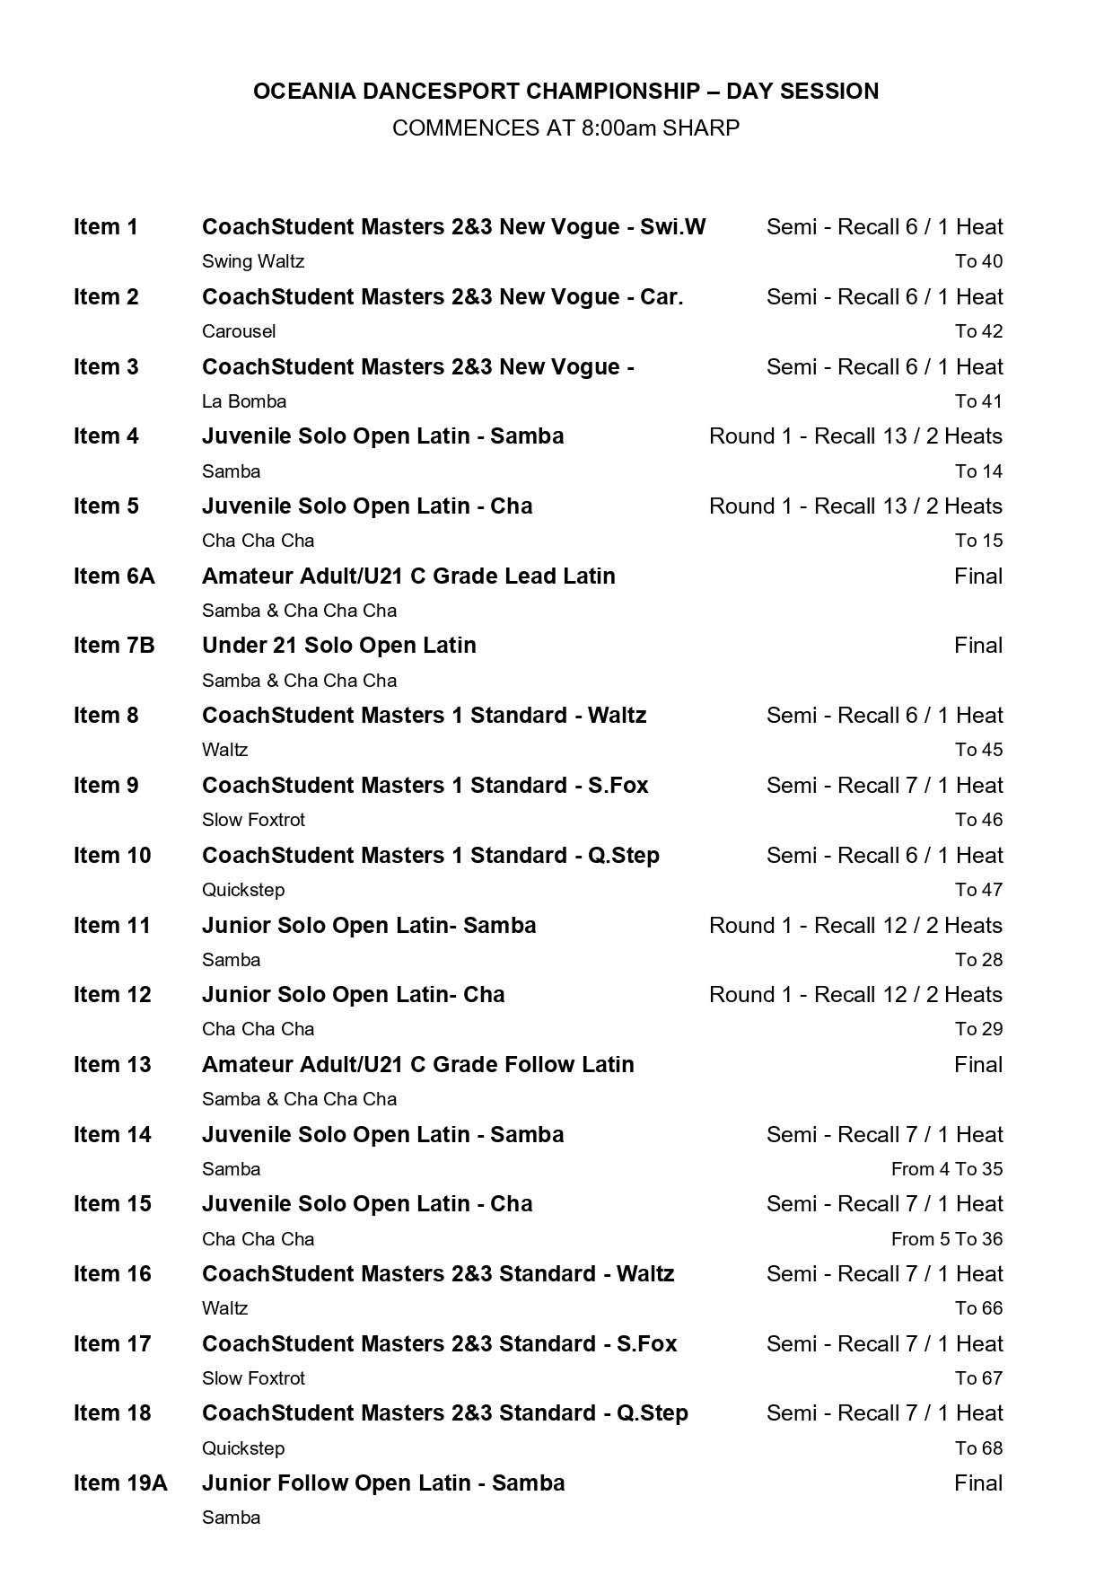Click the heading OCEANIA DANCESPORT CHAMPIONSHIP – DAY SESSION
tap(565, 91)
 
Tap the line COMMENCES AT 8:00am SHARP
tap(565, 128)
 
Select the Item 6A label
tap(114, 576)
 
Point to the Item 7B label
tap(114, 646)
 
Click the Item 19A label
tap(120, 1483)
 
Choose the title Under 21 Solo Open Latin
tap(338, 646)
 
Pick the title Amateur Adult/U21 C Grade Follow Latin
tap(417, 1065)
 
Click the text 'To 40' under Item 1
tap(978, 261)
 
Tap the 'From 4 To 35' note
tap(946, 1169)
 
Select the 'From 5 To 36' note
tap(946, 1239)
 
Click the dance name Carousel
tap(239, 331)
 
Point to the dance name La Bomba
tap(244, 401)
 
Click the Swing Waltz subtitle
tap(253, 261)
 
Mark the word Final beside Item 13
tap(977, 1065)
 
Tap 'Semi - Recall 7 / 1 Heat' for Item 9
tap(884, 786)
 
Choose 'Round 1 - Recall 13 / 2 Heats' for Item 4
tap(855, 436)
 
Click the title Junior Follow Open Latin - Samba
tap(383, 1483)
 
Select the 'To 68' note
tap(978, 1448)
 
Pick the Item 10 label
tap(112, 856)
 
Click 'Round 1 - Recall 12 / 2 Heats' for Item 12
tap(855, 995)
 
